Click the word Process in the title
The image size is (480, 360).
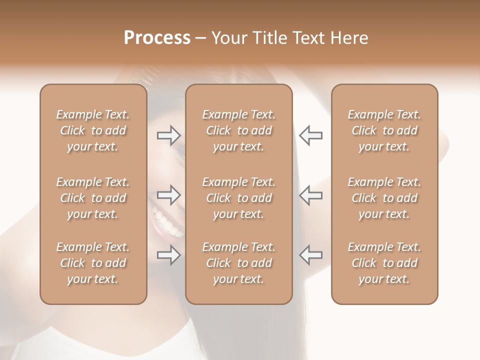(x=157, y=38)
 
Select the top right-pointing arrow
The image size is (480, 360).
(x=168, y=135)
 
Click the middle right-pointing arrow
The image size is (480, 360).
(x=168, y=195)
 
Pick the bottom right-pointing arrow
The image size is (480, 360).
(x=168, y=255)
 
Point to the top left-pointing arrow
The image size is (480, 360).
(x=311, y=135)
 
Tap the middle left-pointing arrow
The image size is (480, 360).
(x=311, y=195)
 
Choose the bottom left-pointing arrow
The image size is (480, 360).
(x=311, y=255)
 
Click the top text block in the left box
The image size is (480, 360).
(x=93, y=130)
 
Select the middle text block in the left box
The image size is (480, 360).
(x=93, y=198)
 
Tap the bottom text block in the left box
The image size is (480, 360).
(x=93, y=263)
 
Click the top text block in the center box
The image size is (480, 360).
(x=239, y=130)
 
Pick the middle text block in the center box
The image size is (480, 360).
(x=239, y=198)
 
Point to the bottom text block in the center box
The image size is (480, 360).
(x=239, y=263)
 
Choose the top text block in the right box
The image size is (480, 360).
(x=384, y=130)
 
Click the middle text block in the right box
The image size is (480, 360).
(x=384, y=198)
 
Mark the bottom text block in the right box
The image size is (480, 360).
(x=384, y=263)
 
